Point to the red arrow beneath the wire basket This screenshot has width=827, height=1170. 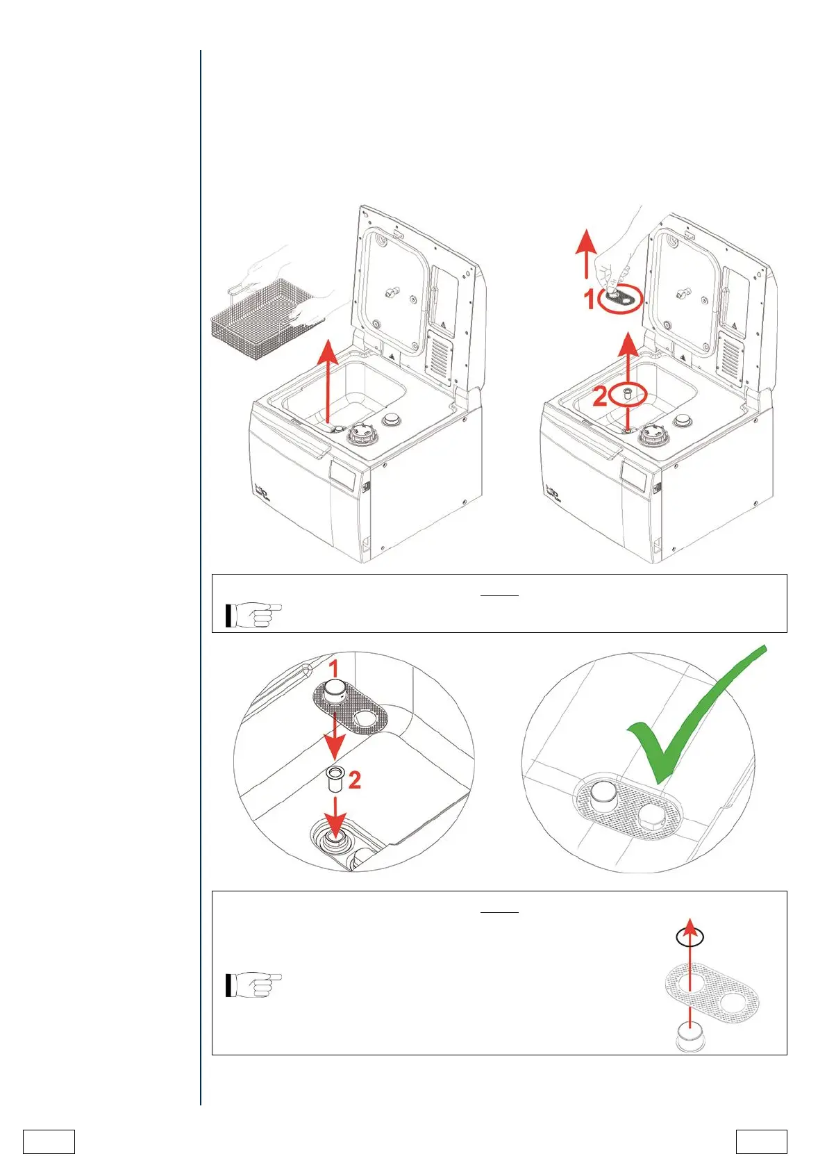click(327, 382)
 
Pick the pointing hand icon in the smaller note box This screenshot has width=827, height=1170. click(253, 616)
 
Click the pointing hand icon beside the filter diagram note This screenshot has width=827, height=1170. click(253, 984)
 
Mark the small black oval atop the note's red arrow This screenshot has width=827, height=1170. click(690, 937)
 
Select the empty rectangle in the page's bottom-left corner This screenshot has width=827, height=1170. click(49, 1142)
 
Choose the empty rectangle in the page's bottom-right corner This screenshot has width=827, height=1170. click(762, 1142)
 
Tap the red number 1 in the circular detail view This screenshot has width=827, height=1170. click(334, 669)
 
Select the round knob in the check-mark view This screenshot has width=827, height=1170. click(602, 792)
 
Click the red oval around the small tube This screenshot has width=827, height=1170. click(628, 395)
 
